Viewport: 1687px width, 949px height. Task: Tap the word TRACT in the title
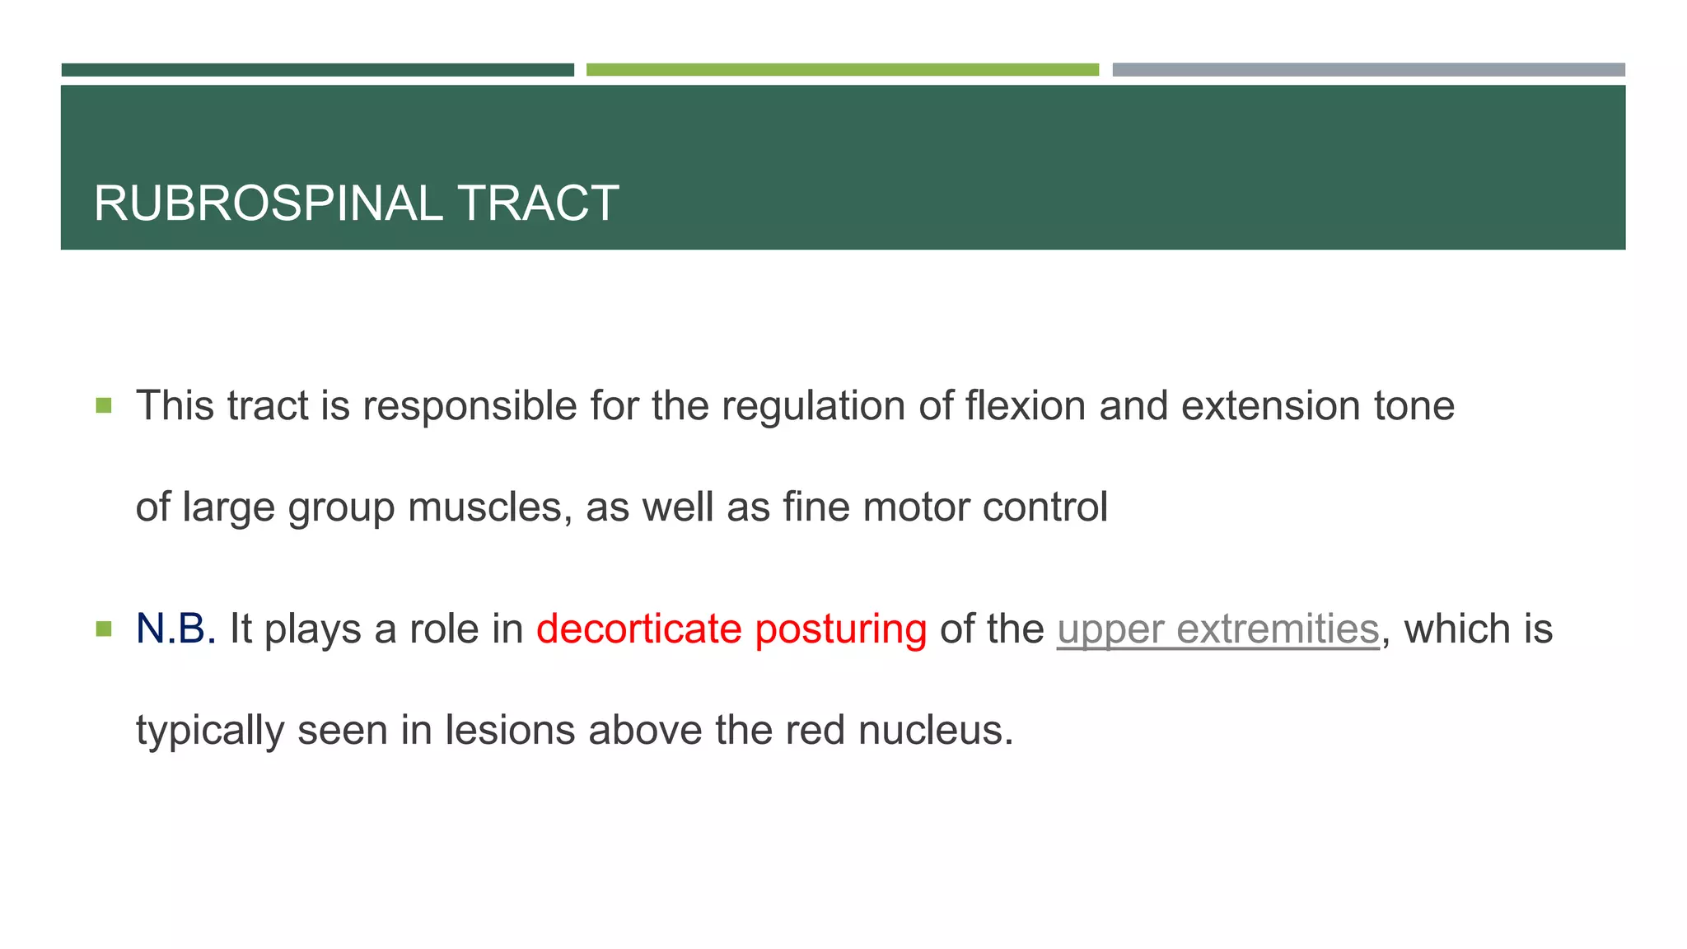point(537,203)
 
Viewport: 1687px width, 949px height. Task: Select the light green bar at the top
point(842,70)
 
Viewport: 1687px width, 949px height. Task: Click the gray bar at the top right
point(1368,70)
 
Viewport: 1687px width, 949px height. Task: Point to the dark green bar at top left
point(317,70)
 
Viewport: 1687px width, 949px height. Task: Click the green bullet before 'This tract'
point(104,405)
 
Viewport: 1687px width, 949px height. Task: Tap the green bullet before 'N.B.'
point(104,629)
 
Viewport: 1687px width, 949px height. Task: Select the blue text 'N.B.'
point(175,629)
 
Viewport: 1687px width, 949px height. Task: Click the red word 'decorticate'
point(639,629)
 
